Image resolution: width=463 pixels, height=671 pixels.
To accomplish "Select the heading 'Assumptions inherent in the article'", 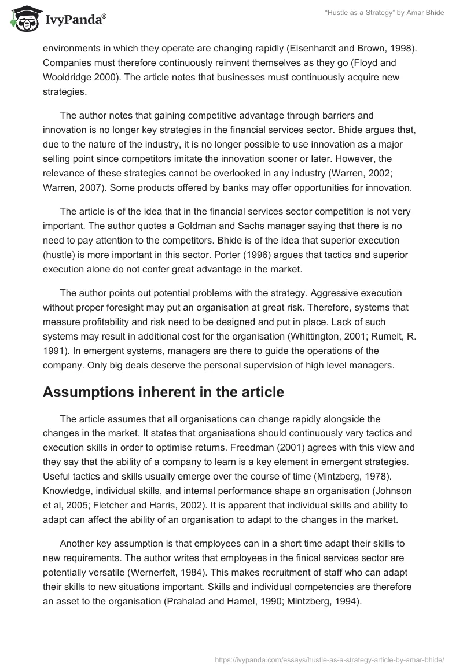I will pos(163,392).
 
